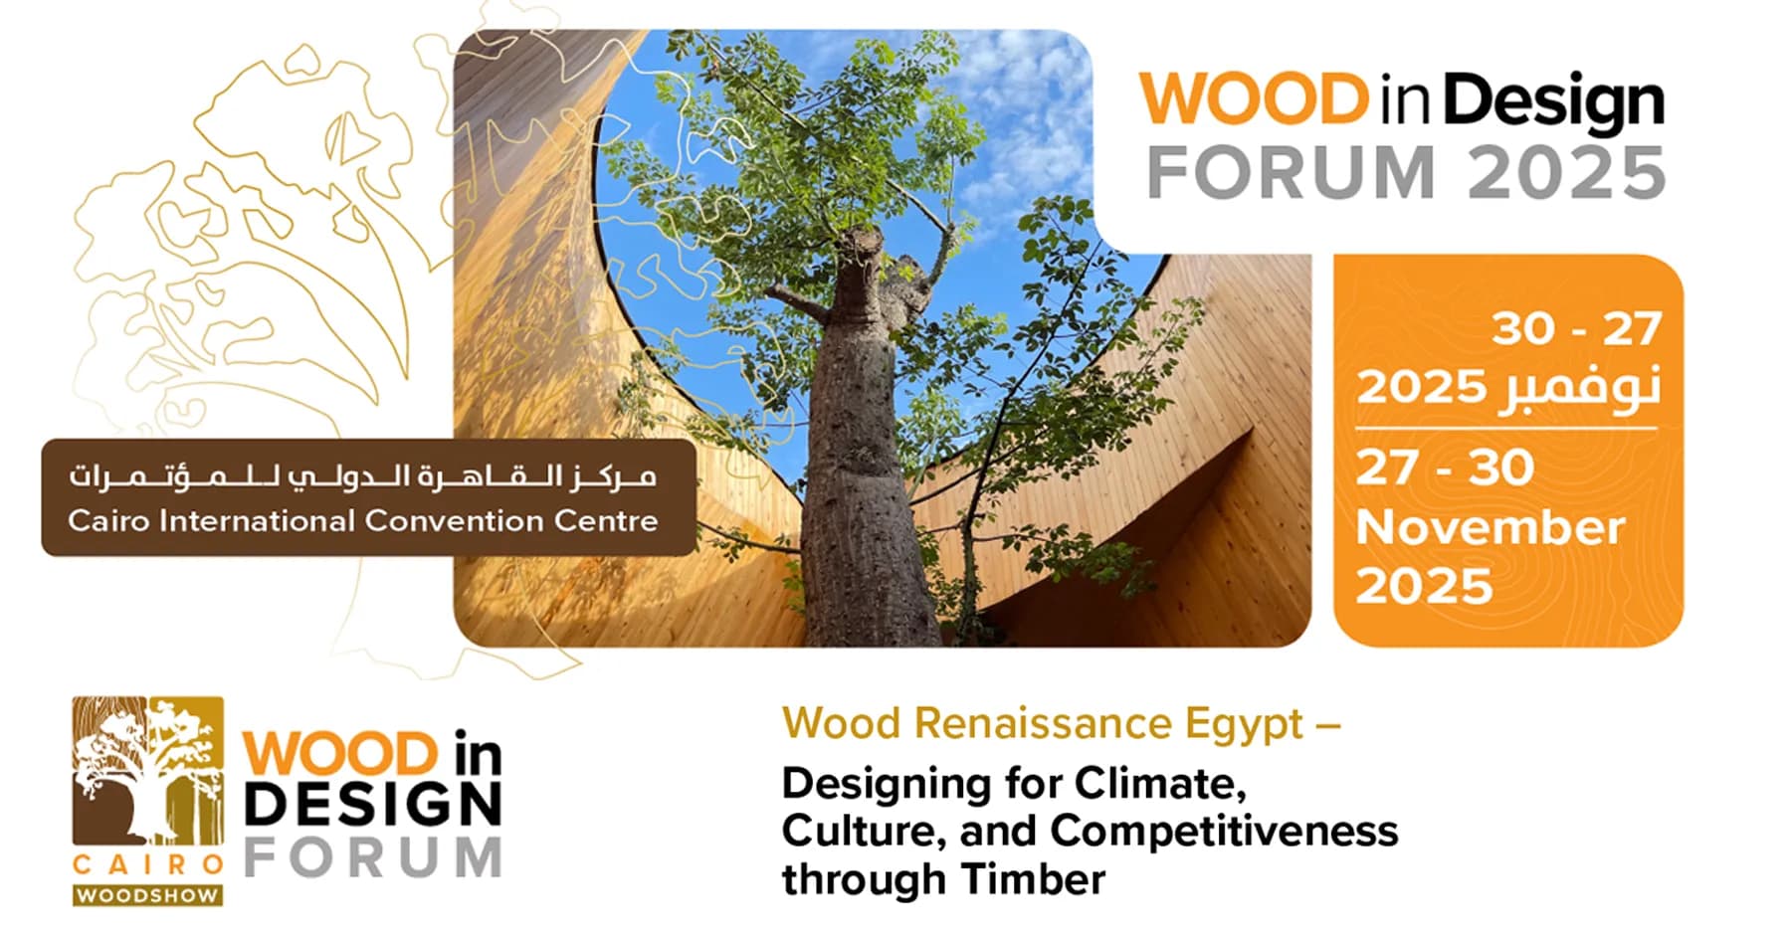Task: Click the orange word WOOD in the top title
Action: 1255,99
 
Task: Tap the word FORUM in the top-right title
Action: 1291,173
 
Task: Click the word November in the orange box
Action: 1490,527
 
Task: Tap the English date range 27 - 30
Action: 1445,469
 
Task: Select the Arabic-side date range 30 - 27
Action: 1576,328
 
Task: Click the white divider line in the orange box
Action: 1506,428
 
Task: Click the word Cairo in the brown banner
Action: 108,520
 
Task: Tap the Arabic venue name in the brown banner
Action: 363,477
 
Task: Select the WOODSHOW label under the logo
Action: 147,895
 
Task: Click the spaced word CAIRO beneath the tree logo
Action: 147,864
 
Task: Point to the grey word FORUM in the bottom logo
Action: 373,858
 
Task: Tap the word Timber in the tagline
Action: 1033,879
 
